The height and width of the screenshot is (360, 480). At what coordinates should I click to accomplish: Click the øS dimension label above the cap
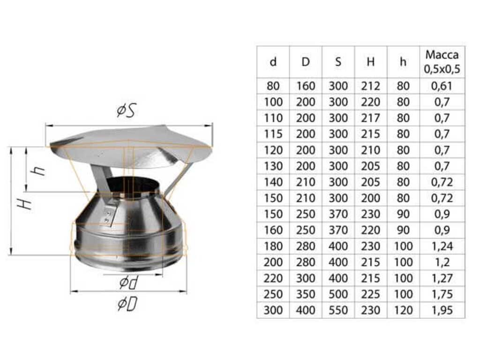[x=126, y=111]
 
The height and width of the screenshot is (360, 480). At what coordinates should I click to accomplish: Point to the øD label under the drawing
[x=127, y=304]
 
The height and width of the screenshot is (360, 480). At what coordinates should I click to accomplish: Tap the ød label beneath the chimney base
[x=129, y=282]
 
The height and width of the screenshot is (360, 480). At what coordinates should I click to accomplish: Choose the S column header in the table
[x=338, y=62]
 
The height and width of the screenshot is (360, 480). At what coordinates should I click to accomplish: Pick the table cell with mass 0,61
[x=442, y=86]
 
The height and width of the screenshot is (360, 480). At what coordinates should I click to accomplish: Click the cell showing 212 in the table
[x=370, y=86]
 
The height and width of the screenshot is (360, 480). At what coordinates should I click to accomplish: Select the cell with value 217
[x=370, y=118]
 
